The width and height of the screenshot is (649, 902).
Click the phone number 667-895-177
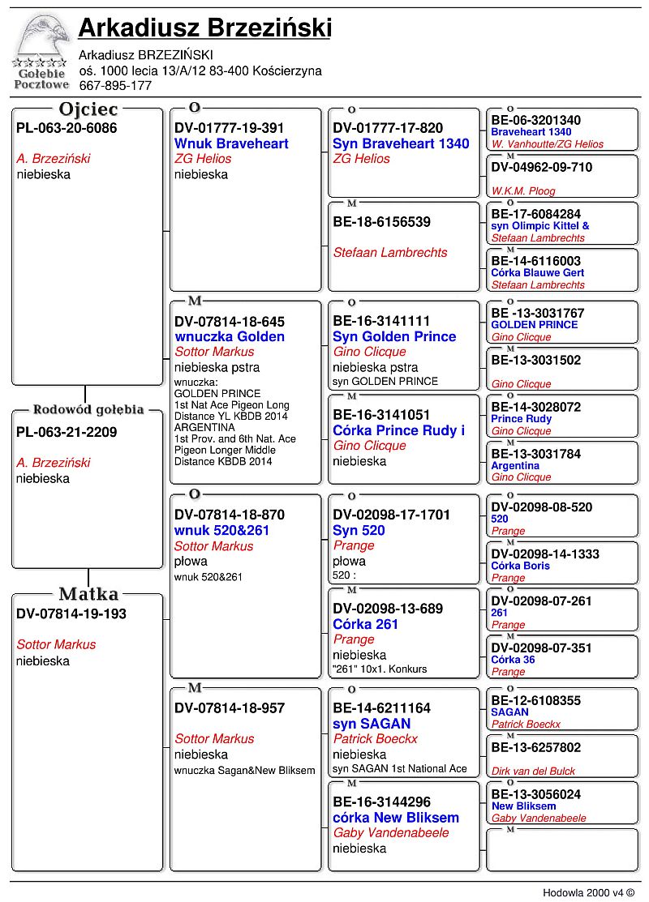tap(115, 85)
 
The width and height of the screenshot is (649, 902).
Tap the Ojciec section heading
tap(88, 109)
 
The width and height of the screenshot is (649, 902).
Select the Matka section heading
tap(88, 594)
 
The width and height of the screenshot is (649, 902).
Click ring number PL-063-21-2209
tap(67, 432)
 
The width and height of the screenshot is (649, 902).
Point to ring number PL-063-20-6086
tap(67, 128)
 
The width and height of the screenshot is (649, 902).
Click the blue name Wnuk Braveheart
tap(231, 143)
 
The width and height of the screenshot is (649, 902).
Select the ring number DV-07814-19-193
tap(71, 613)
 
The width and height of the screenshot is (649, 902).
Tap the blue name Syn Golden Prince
tap(394, 336)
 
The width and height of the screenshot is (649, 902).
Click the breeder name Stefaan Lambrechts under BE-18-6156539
tap(390, 253)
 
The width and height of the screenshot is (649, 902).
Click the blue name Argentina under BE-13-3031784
tap(515, 466)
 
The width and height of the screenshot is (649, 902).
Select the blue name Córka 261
tap(366, 624)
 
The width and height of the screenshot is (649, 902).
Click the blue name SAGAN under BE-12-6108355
tap(509, 712)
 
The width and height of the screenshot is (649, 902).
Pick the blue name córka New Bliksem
tap(396, 818)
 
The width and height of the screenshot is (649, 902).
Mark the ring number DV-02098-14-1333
tap(545, 554)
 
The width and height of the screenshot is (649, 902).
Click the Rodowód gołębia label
tap(88, 409)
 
